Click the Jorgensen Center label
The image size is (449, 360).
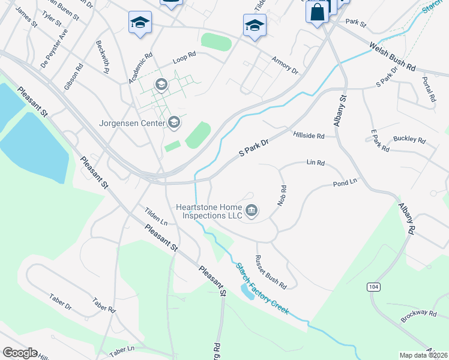point(133,124)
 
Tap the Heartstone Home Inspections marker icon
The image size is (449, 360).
point(252,210)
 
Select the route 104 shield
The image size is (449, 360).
point(374,287)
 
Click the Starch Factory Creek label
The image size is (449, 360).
point(262,289)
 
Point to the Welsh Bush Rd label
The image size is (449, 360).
point(393,56)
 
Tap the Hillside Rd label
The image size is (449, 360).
point(309,136)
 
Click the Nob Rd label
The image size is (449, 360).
point(282,196)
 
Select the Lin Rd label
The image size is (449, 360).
point(315,163)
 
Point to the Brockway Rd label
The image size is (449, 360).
point(420,313)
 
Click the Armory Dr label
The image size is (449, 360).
point(285,65)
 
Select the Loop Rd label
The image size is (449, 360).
point(184,58)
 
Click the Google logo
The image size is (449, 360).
point(19,353)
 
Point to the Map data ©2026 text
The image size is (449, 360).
point(423,355)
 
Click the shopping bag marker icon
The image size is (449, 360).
point(316,11)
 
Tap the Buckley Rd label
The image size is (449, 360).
point(409,140)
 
